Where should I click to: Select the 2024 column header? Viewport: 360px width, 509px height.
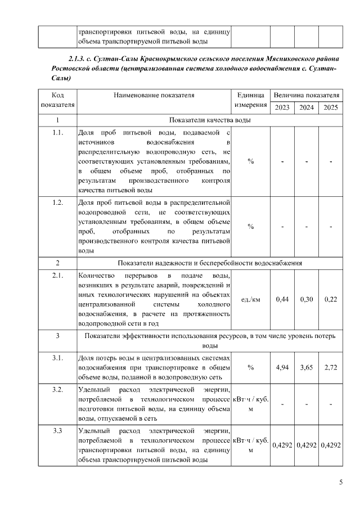pos(307,107)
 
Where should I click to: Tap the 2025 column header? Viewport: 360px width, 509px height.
pos(331,107)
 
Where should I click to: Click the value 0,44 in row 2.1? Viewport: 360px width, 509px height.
pos(282,299)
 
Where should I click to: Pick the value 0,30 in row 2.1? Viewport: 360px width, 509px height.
pos(307,299)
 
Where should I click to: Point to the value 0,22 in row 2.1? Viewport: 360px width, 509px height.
pos(331,299)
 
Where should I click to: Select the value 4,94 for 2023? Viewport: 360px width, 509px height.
pos(282,367)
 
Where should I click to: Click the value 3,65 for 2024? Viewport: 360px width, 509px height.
pos(307,367)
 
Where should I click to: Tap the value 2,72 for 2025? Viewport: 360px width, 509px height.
pos(331,367)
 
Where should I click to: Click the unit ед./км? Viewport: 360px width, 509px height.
pos(250,299)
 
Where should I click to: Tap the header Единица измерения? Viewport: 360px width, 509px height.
pos(250,100)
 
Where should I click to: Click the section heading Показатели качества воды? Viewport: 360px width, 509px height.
pos(210,120)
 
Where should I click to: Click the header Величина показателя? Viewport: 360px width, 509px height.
pos(307,95)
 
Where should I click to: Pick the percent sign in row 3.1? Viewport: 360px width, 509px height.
pos(250,367)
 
